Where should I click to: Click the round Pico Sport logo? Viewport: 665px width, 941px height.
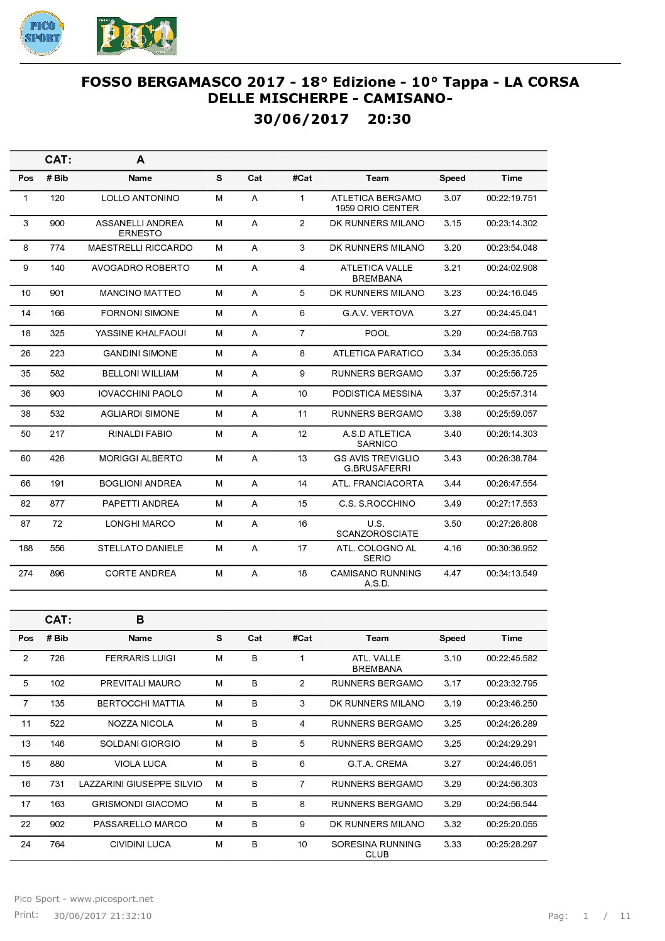pyautogui.click(x=41, y=33)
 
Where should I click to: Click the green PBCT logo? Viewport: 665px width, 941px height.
pyautogui.click(x=136, y=36)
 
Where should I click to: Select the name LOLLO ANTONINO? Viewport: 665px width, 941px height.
pyautogui.click(x=140, y=198)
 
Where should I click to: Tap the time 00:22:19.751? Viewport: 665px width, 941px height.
pyautogui.click(x=512, y=198)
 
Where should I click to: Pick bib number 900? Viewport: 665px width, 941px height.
pyautogui.click(x=57, y=223)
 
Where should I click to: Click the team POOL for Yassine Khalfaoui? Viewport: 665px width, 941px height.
pyautogui.click(x=377, y=333)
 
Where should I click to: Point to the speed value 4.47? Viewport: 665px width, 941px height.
pyautogui.click(x=453, y=573)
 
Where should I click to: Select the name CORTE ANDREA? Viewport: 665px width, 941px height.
pyautogui.click(x=140, y=573)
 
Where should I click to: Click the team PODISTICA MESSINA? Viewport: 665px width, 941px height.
pyautogui.click(x=377, y=393)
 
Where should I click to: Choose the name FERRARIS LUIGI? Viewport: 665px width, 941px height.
pyautogui.click(x=140, y=658)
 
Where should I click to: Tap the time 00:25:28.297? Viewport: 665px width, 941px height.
pyautogui.click(x=512, y=844)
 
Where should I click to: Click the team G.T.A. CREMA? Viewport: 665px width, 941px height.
pyautogui.click(x=377, y=764)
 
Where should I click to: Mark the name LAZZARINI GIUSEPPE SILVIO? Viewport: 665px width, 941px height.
pyautogui.click(x=140, y=784)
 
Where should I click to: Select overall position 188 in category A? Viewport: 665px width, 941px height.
pyautogui.click(x=26, y=548)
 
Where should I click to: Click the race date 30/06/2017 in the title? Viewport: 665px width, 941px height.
pyautogui.click(x=301, y=119)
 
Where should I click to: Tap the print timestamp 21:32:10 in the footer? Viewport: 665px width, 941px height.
pyautogui.click(x=131, y=916)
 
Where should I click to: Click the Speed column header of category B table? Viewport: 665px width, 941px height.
pyautogui.click(x=453, y=638)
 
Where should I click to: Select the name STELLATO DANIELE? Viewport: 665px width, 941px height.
pyautogui.click(x=140, y=548)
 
